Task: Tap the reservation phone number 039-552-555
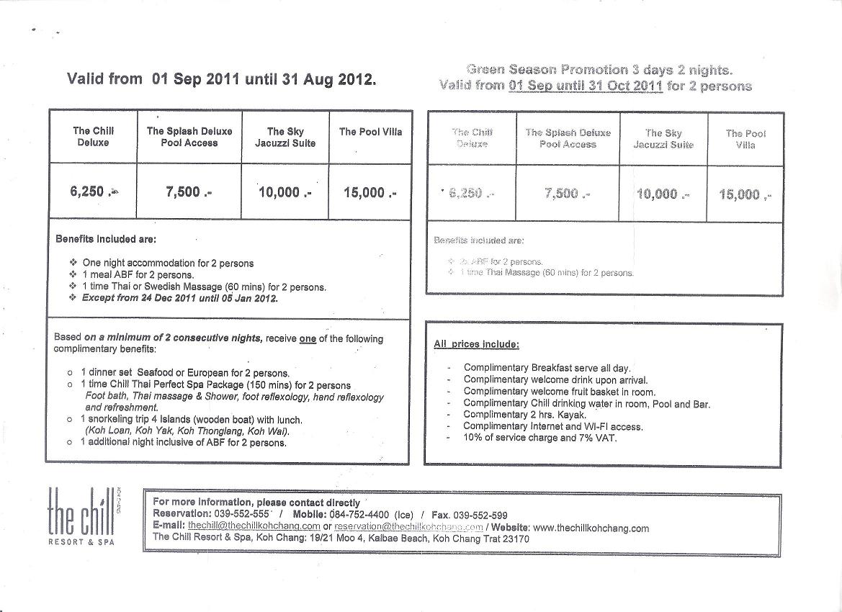(241, 514)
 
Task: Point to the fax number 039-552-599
(480, 515)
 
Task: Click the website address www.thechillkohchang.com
(591, 528)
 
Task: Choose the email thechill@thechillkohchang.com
(254, 526)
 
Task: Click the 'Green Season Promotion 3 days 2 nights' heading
(599, 70)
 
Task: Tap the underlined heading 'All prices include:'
(477, 344)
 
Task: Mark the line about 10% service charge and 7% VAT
(540, 437)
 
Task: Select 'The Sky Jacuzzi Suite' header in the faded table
(663, 139)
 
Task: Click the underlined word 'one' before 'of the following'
(308, 338)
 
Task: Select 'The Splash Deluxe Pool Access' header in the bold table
(189, 137)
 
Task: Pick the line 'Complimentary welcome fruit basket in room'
(559, 392)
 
